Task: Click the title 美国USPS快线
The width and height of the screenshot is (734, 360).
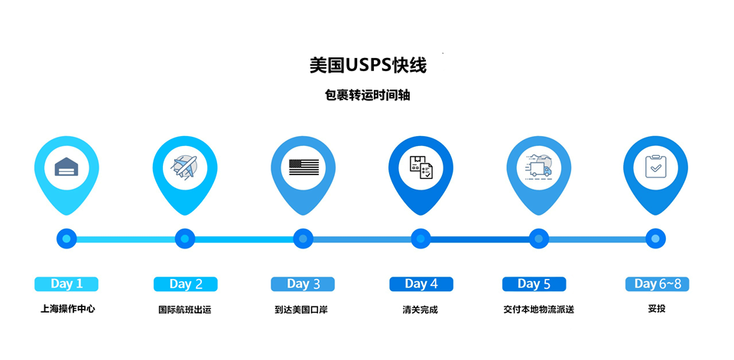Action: pos(368,66)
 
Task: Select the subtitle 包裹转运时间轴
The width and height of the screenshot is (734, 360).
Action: pos(367,96)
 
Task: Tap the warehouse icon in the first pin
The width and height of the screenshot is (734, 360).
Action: pos(67,167)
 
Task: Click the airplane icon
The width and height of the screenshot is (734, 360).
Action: pos(184,167)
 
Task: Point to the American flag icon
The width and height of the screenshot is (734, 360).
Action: pos(303,167)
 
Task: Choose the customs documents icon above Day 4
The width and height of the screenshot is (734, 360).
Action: pos(421,167)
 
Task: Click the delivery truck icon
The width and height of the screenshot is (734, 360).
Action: pos(538,167)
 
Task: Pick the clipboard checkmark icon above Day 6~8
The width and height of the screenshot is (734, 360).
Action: pos(655,167)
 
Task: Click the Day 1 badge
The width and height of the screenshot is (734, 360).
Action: pos(67,284)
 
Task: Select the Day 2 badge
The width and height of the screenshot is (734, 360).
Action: pos(185,284)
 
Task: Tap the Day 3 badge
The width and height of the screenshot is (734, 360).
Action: pos(303,284)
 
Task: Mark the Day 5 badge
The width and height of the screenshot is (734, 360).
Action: pos(534,284)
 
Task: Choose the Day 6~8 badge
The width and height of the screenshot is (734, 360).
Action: pos(657,284)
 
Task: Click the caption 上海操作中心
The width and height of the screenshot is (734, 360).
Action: pos(67,310)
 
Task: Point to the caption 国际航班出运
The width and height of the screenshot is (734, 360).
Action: pos(185,310)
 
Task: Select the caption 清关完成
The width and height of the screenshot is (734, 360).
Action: pos(420,310)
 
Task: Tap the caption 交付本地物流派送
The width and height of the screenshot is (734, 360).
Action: pos(538,310)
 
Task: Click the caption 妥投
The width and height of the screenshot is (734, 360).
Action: pos(656,310)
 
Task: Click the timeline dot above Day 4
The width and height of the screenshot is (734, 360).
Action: pos(421,239)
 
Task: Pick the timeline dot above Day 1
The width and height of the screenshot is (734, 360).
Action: pos(67,239)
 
